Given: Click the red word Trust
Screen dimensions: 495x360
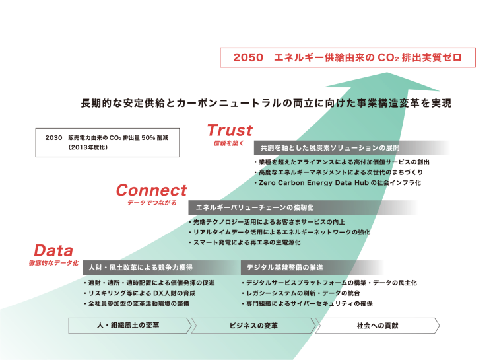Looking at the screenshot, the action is pyautogui.click(x=230, y=130).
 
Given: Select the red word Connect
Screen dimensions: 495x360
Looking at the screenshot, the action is pyautogui.click(x=152, y=190).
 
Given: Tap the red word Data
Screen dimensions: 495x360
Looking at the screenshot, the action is pyautogui.click(x=53, y=250).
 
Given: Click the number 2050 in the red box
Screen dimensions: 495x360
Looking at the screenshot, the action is pyautogui.click(x=248, y=57).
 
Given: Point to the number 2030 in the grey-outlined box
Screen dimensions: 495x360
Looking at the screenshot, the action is pyautogui.click(x=53, y=138).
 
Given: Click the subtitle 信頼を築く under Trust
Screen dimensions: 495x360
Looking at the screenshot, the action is pyautogui.click(x=229, y=143).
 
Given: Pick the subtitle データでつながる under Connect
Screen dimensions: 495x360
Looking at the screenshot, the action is pyautogui.click(x=152, y=203).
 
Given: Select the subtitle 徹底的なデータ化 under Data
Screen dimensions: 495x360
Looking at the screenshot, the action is pyautogui.click(x=53, y=263).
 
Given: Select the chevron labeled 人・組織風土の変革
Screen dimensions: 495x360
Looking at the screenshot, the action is pyautogui.click(x=130, y=326).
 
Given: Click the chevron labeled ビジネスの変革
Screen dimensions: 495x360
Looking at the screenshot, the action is pyautogui.click(x=253, y=326).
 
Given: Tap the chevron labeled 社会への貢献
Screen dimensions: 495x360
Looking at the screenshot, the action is pyautogui.click(x=378, y=326).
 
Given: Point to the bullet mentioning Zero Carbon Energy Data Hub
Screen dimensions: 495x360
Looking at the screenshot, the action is pyautogui.click(x=338, y=183).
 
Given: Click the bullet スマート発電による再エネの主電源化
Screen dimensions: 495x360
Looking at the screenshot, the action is pyautogui.click(x=245, y=242).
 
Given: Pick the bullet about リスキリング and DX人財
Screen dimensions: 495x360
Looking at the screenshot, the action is pyautogui.click(x=139, y=293).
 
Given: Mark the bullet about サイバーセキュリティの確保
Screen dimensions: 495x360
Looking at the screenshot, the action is pyautogui.click(x=307, y=303).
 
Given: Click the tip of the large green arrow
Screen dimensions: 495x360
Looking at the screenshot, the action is pyautogui.click(x=387, y=73).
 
